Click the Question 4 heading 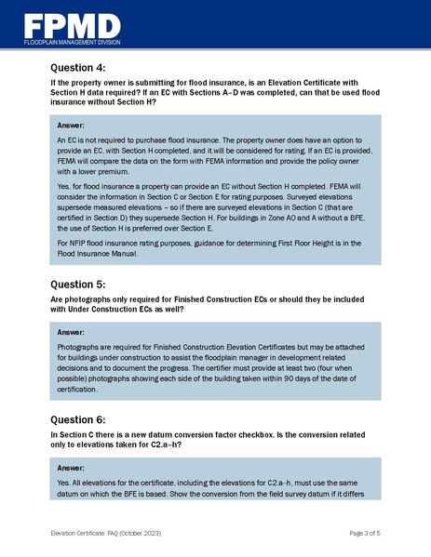79,68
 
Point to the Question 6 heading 79,418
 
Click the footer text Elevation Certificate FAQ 85,534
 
